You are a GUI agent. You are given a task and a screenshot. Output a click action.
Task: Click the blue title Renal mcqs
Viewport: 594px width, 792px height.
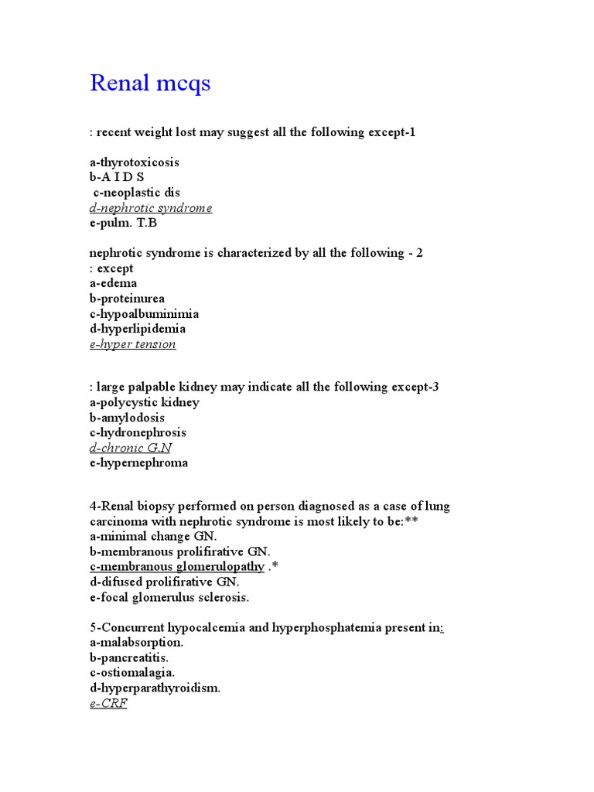click(150, 84)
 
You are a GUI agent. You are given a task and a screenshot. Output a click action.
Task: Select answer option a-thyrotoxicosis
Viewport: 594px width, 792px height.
click(134, 162)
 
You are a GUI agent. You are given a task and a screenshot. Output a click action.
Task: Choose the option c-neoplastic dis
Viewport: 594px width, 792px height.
click(136, 193)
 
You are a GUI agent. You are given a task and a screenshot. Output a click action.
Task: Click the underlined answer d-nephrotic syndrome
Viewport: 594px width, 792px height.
click(151, 208)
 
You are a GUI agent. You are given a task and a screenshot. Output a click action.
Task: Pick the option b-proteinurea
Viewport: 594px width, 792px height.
click(127, 299)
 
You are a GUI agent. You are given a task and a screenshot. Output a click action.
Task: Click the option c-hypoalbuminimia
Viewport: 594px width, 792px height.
click(144, 314)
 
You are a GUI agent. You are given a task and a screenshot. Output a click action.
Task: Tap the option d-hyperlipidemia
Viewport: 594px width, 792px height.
click(138, 329)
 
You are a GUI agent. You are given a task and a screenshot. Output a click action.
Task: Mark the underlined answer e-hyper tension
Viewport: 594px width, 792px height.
click(133, 344)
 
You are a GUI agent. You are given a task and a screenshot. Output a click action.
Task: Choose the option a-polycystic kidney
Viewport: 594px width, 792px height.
click(145, 402)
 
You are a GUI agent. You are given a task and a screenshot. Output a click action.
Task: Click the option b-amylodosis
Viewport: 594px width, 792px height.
click(127, 418)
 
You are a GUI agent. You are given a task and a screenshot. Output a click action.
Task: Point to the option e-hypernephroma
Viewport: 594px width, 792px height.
click(139, 463)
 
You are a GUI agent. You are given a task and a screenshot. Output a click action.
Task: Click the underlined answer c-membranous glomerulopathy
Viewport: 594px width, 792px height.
click(177, 566)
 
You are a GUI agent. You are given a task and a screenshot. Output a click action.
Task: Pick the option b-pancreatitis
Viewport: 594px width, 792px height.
click(129, 657)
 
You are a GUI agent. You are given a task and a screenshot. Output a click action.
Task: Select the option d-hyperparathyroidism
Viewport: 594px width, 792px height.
click(155, 688)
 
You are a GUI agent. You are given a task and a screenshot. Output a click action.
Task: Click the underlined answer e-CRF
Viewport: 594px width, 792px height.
click(108, 704)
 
